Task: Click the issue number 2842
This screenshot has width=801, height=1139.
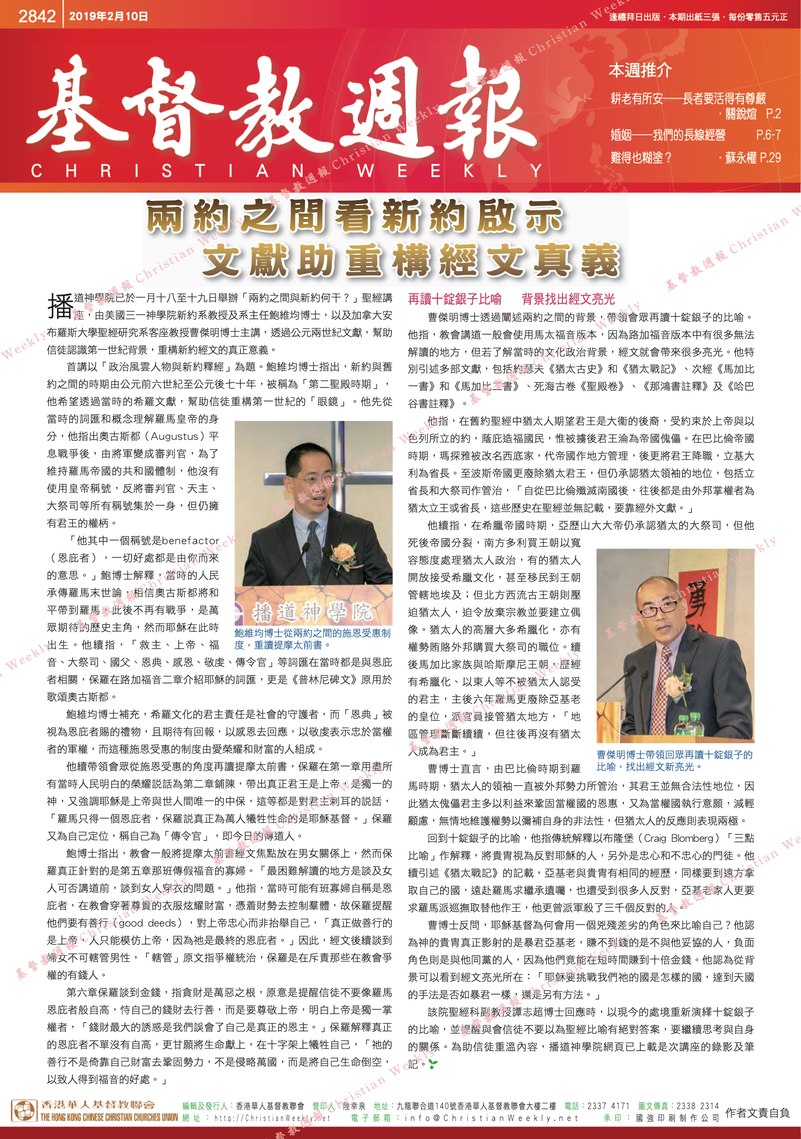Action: click(x=37, y=16)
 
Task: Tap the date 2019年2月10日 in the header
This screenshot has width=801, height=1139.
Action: click(x=108, y=16)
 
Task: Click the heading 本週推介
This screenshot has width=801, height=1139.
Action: click(x=640, y=70)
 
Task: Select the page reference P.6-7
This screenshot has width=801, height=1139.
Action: click(x=768, y=135)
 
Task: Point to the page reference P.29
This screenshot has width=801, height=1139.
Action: click(x=770, y=158)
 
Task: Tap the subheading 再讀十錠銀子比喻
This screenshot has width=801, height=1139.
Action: click(x=455, y=299)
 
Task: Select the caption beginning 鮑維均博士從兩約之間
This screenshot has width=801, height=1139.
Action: click(x=312, y=639)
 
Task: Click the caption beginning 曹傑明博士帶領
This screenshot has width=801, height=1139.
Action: click(x=674, y=760)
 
